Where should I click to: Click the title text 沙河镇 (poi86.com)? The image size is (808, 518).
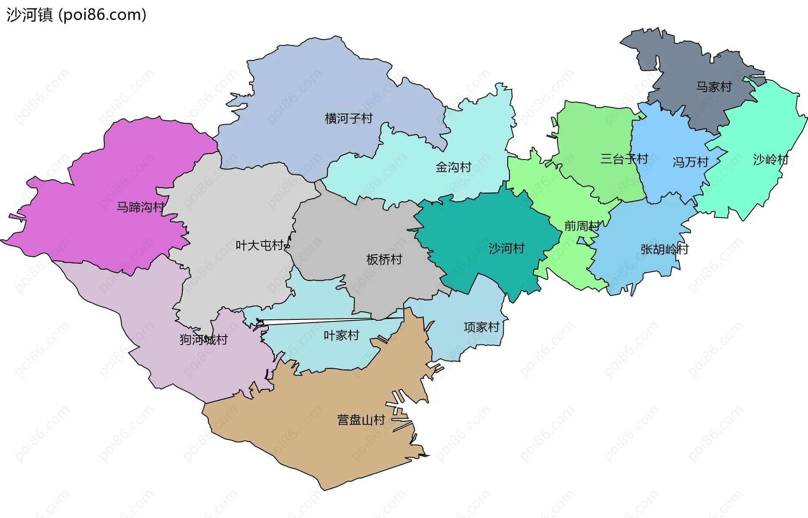(76, 15)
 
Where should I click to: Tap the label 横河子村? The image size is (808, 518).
(348, 118)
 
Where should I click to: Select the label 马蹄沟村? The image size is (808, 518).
(140, 207)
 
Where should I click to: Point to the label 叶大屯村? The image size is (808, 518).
(259, 245)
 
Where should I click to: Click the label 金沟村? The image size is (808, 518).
(453, 167)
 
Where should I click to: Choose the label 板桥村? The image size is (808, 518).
(384, 259)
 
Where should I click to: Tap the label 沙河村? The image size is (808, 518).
(506, 248)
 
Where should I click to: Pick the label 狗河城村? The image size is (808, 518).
(204, 339)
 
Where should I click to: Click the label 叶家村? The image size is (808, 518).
(341, 335)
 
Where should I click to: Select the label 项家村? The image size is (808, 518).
(481, 327)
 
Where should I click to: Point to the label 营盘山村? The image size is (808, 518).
(361, 420)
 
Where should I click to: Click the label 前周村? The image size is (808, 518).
(582, 226)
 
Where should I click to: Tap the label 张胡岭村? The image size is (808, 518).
(664, 249)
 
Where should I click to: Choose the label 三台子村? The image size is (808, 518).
(624, 159)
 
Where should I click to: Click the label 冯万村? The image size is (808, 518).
(690, 162)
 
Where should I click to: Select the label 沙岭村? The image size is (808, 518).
(770, 159)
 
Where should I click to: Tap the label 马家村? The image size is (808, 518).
(714, 87)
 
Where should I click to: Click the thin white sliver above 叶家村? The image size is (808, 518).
(328, 321)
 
